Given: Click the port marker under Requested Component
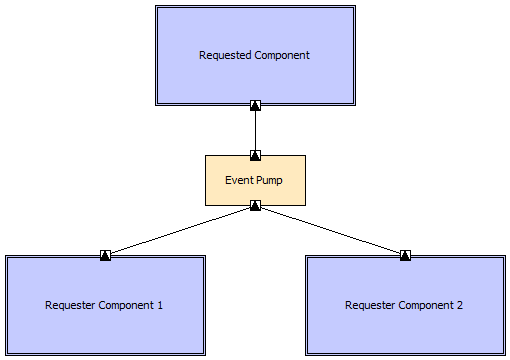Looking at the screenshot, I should [255, 105].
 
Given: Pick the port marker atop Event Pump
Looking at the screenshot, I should [255, 155].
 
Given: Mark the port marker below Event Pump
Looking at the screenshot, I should [255, 206].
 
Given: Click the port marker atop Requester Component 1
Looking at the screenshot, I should [105, 255].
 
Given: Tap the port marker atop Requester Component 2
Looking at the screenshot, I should [405, 255].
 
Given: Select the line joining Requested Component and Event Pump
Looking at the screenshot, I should [255, 130].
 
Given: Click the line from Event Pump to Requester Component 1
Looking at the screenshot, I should [180, 230].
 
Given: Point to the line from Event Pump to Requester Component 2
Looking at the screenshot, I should [330, 230].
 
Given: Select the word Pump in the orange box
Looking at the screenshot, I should [271, 180].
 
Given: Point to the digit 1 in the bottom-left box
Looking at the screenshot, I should [160, 305].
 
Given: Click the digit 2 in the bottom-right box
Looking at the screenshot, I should [460, 305].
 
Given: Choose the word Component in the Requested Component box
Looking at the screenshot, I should [283, 55].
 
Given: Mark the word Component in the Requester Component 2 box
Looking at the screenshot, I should [424, 305].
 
